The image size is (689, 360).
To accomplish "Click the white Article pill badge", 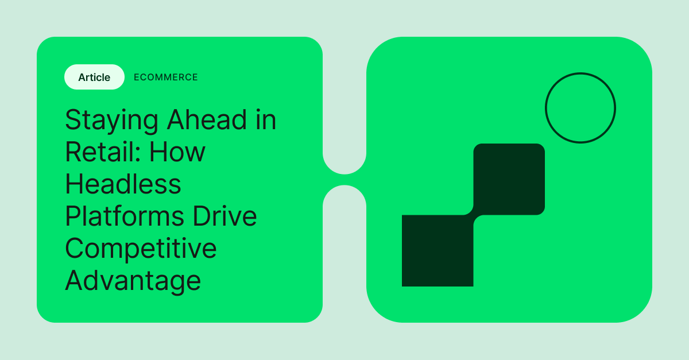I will (94, 77).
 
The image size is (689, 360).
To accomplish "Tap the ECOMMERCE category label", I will (165, 77).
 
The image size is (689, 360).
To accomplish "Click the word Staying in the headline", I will (111, 121).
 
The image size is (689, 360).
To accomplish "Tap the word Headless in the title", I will (123, 184).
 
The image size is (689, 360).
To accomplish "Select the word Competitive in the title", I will (141, 249).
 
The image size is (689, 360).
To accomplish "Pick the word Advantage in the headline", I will (133, 281).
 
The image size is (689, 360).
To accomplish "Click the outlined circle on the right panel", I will (580, 108).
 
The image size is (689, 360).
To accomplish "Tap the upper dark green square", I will (509, 179).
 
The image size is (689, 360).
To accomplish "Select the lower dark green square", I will (438, 250).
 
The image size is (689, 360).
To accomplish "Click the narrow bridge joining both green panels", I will (344, 180).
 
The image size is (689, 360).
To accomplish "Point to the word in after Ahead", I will (266, 120).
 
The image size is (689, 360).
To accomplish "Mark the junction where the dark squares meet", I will (473, 215).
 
